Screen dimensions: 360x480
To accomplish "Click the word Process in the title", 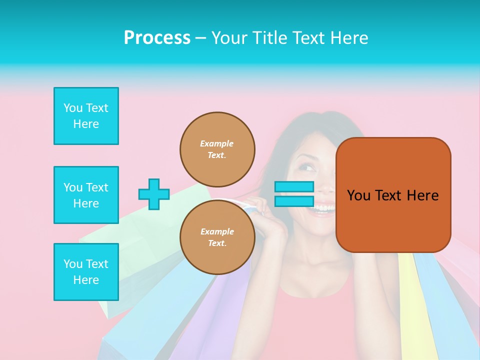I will click(157, 38).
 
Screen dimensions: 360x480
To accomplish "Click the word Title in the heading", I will click(268, 38).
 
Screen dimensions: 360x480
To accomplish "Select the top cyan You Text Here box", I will click(86, 116).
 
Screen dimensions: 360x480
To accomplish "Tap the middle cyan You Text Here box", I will click(86, 195).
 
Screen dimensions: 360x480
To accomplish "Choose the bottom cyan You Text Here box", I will click(86, 272).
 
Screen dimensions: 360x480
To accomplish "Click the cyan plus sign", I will click(154, 194).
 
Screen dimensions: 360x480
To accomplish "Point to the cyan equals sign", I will click(294, 194).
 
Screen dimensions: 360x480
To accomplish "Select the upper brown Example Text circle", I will click(217, 149).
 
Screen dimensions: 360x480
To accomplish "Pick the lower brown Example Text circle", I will click(217, 237).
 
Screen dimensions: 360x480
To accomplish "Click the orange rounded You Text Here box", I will click(393, 195).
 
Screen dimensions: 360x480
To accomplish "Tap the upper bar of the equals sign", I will click(294, 187).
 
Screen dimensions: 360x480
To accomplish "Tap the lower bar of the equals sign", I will click(294, 201).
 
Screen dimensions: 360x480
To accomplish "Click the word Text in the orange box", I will click(388, 195).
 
